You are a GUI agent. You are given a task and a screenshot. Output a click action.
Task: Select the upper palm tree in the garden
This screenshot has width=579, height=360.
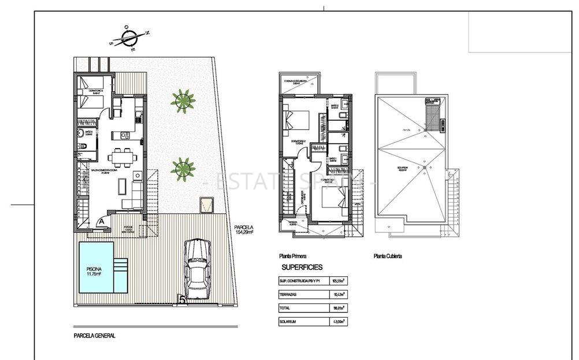[183, 100]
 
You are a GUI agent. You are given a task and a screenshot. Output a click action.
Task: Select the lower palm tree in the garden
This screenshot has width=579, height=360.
[183, 168]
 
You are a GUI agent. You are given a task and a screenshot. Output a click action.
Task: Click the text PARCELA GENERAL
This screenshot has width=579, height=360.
[95, 335]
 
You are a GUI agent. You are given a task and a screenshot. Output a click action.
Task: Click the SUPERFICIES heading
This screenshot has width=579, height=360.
[302, 268]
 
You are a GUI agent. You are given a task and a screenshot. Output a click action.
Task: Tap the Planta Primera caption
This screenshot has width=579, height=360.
[292, 255]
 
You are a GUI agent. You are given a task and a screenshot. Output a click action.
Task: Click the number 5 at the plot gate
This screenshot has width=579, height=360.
[182, 300]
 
